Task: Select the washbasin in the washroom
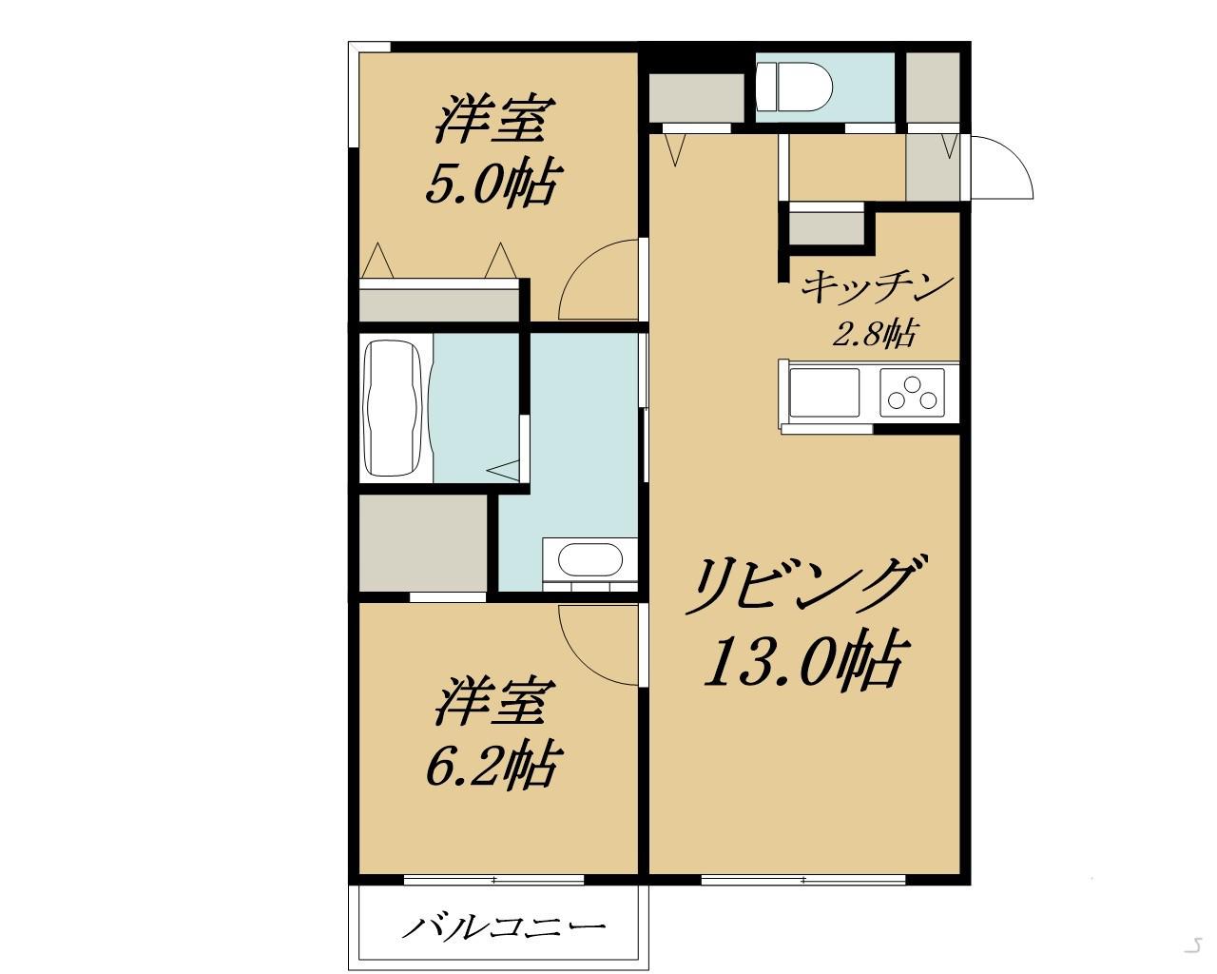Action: (x=589, y=559)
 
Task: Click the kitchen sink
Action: (x=824, y=394)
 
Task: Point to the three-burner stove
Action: (x=914, y=394)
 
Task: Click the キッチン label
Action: (x=877, y=286)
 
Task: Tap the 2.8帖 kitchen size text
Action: (x=875, y=334)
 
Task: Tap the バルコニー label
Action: (x=504, y=925)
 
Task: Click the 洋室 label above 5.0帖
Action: (x=492, y=120)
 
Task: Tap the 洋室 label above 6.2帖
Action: (x=493, y=702)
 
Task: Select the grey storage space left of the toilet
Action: (x=696, y=96)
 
